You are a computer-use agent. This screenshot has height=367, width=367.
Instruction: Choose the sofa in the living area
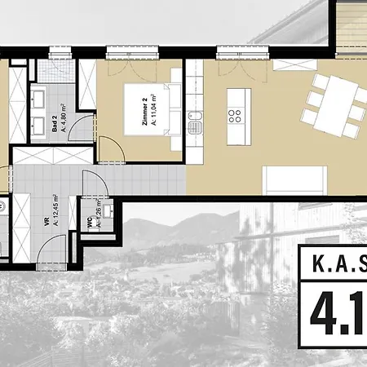(296, 180)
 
